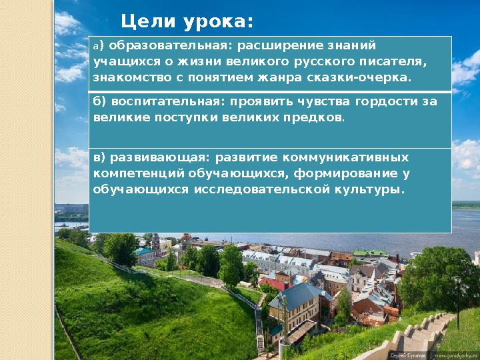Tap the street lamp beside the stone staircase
457,300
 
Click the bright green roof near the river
370,253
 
